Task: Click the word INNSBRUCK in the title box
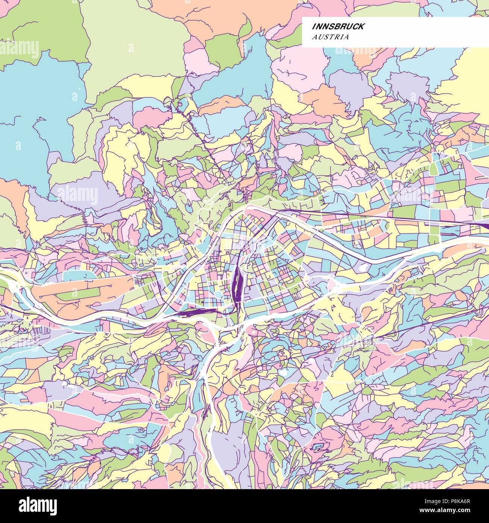pos(337,26)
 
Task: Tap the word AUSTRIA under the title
pos(330,37)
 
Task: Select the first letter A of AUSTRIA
pos(314,37)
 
